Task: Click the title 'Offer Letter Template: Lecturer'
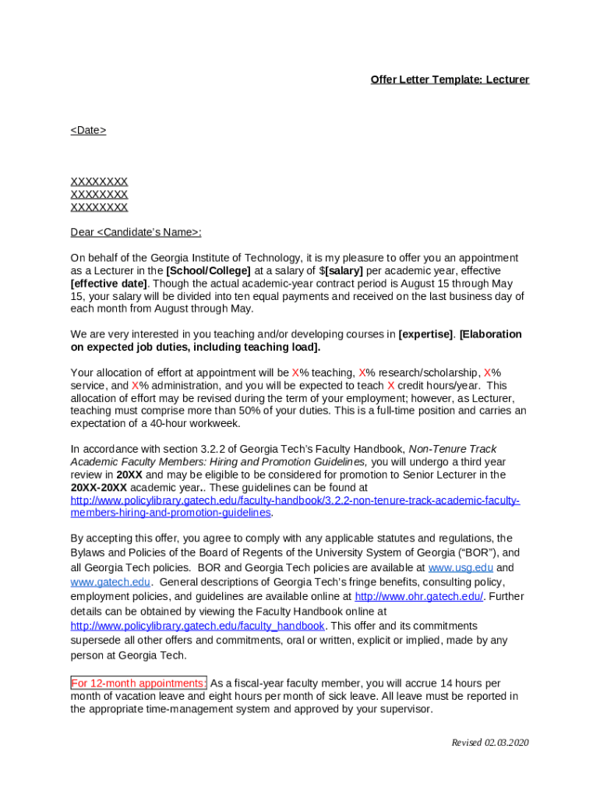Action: pyautogui.click(x=450, y=79)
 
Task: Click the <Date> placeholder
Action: pyautogui.click(x=88, y=130)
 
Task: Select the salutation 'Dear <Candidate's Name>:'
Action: pyautogui.click(x=136, y=232)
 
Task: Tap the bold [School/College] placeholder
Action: pyautogui.click(x=209, y=270)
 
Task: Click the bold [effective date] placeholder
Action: pyautogui.click(x=108, y=283)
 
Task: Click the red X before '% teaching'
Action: pyautogui.click(x=295, y=373)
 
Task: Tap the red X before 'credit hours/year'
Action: pyautogui.click(x=390, y=385)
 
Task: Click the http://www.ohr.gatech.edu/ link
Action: pyautogui.click(x=418, y=596)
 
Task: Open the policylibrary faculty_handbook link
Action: pyautogui.click(x=197, y=626)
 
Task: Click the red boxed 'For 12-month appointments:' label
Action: pyautogui.click(x=139, y=683)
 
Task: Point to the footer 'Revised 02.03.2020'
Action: pyautogui.click(x=490, y=743)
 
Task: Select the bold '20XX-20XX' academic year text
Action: pyautogui.click(x=98, y=487)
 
